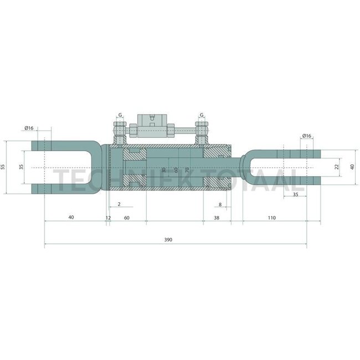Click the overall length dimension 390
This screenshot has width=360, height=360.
(x=168, y=240)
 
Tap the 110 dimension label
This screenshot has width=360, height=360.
(x=271, y=218)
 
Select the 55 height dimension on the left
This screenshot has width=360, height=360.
(x=3, y=167)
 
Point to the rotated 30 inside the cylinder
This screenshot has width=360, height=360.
(x=163, y=170)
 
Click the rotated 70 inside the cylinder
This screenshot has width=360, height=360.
(x=187, y=170)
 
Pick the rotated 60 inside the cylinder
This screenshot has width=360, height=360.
(x=176, y=170)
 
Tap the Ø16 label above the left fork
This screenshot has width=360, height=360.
(x=29, y=128)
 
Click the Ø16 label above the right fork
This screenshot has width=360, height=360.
(x=307, y=136)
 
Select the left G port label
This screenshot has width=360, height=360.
(x=120, y=115)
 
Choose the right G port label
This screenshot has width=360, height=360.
(x=202, y=115)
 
